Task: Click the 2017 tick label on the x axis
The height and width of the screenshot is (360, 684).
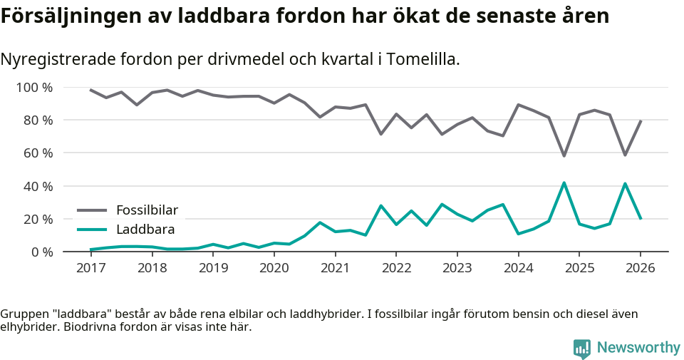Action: tap(90, 268)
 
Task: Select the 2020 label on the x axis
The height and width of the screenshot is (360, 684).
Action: tap(274, 268)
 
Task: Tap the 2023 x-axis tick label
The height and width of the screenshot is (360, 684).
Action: tap(457, 268)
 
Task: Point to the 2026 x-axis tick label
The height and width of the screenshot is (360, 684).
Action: tap(640, 268)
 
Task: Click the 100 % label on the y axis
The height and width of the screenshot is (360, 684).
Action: tap(35, 88)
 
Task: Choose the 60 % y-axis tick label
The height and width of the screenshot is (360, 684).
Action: tap(38, 153)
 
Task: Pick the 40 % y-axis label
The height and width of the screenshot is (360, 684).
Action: tap(38, 186)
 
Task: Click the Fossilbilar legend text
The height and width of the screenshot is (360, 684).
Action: tap(147, 210)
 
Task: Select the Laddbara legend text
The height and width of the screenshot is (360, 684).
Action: tap(145, 230)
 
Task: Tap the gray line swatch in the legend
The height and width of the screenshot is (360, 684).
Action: tap(92, 210)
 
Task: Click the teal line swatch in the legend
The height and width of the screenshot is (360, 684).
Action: tap(92, 230)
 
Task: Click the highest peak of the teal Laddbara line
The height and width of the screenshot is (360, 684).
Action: tap(564, 182)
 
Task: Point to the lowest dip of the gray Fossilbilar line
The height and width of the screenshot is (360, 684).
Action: tap(564, 156)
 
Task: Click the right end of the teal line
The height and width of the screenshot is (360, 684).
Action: tap(641, 218)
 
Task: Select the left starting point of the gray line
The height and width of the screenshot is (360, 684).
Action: tap(90, 90)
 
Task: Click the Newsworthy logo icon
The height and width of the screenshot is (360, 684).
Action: tap(582, 348)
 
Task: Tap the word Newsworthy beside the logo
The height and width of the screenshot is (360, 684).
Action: tap(638, 348)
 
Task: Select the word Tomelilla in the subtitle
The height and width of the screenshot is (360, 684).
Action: tap(422, 59)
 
